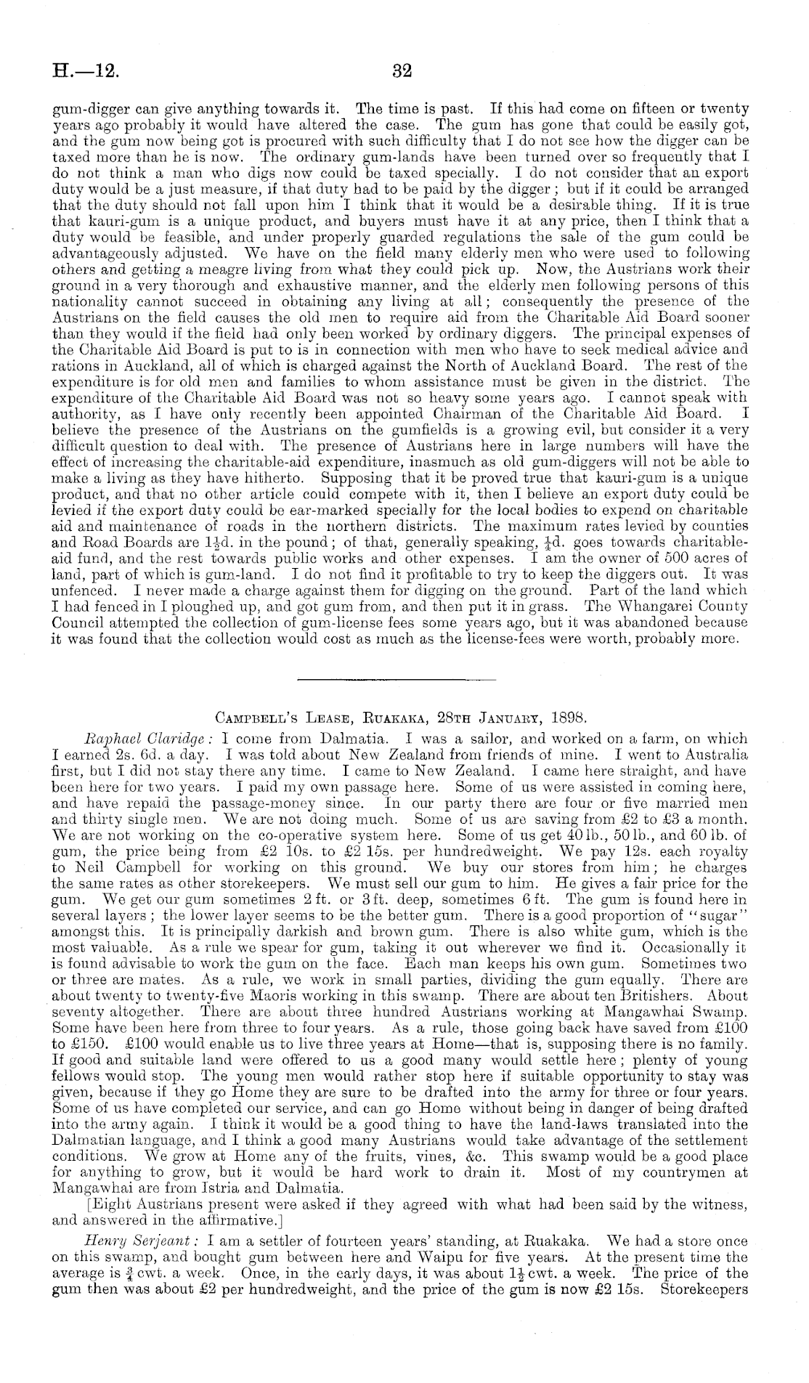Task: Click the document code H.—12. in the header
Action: pos(86,71)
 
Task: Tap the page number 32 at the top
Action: pos(402,71)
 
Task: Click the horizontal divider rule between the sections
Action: pos(397,680)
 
